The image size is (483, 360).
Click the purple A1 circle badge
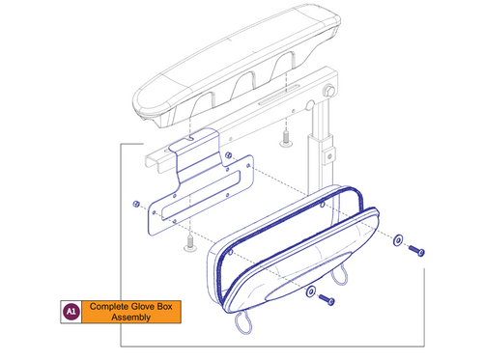[69, 312]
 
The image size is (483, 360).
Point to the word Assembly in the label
[131, 318]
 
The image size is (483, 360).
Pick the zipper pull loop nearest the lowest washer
[341, 280]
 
